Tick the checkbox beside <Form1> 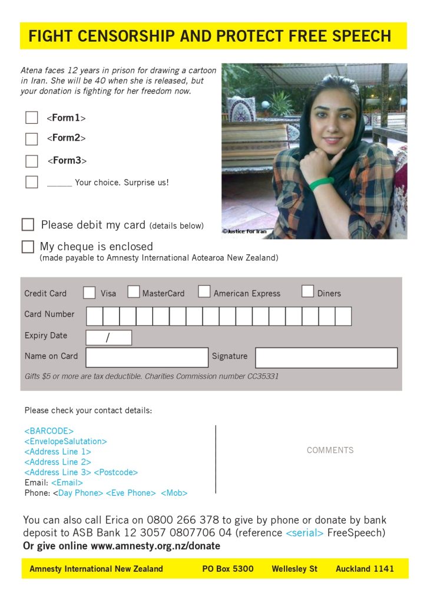(31, 118)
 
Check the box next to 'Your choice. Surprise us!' (31, 182)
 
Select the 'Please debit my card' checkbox (28, 225)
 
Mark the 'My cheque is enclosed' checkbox (28, 247)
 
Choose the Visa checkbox (90, 293)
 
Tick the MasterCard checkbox (134, 292)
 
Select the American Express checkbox (204, 291)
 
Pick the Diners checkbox (307, 291)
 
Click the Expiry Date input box (109, 337)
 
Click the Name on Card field (147, 357)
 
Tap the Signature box (326, 357)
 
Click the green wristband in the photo (322, 184)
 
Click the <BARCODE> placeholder (49, 431)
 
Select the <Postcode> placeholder (115, 472)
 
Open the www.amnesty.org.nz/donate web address (155, 546)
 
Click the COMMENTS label (330, 450)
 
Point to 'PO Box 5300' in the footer (228, 569)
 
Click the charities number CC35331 (263, 376)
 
